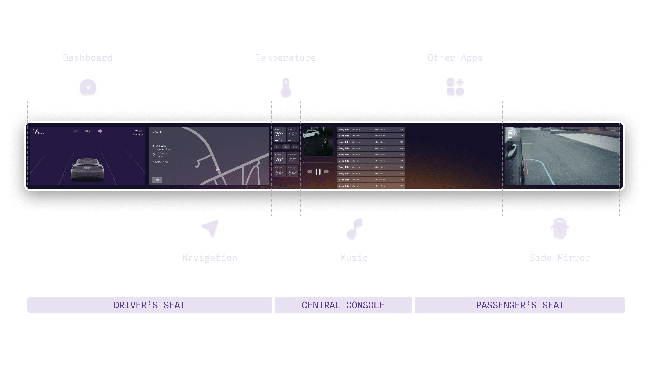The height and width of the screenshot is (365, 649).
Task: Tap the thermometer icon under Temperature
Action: [x=286, y=88]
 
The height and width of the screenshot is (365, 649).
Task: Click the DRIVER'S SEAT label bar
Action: [x=149, y=305]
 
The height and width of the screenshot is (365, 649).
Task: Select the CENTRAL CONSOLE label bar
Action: [x=343, y=305]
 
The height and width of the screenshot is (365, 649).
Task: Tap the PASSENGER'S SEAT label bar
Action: [x=520, y=305]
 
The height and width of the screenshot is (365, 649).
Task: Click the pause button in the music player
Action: [x=318, y=172]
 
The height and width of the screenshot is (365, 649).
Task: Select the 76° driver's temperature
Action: [x=279, y=159]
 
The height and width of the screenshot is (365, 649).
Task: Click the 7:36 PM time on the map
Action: [x=158, y=132]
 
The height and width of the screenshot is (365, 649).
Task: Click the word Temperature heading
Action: [x=285, y=58]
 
